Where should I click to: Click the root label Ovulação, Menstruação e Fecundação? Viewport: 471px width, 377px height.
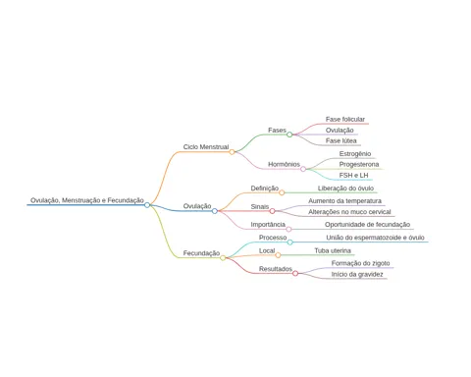(87, 200)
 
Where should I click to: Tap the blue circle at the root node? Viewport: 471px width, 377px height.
(147, 205)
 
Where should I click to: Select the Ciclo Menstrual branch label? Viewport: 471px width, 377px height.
(206, 147)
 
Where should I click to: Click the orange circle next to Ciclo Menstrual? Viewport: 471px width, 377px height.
(232, 152)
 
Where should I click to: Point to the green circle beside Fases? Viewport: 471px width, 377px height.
(289, 135)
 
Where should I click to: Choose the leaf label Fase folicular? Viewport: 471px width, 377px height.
(345, 119)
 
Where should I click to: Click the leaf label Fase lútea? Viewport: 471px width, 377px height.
(341, 140)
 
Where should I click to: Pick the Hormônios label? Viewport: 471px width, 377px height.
(284, 164)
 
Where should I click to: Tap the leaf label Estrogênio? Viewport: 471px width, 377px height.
(355, 154)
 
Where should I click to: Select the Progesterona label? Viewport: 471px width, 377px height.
(359, 164)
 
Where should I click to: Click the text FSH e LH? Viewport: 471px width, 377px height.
(353, 176)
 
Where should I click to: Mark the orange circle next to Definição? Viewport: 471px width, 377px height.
(282, 192)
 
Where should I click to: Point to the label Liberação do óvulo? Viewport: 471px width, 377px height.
(345, 188)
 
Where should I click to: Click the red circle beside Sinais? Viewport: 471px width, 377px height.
(272, 211)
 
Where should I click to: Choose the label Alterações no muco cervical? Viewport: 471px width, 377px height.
(349, 212)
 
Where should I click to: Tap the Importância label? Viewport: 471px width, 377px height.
(268, 225)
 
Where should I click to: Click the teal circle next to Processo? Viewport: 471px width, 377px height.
(289, 242)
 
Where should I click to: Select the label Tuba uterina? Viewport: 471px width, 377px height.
(333, 250)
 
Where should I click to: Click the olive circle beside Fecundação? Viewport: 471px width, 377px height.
(223, 258)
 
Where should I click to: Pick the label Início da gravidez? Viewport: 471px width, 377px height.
(357, 274)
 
